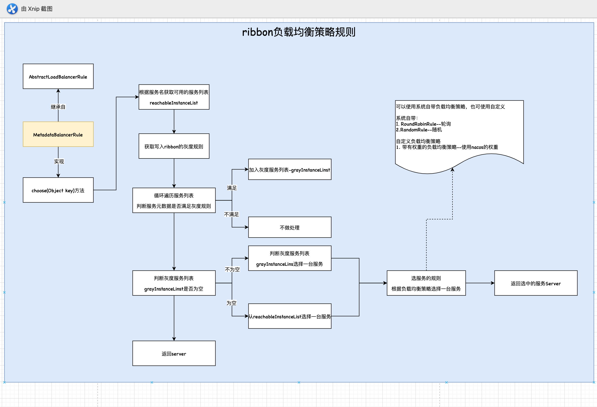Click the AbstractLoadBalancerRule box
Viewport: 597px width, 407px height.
58,76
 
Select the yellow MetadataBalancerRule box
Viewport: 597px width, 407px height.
58,134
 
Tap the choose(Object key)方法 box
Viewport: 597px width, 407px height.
58,190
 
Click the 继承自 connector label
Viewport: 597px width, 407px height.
58,107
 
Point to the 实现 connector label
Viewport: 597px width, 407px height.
59,161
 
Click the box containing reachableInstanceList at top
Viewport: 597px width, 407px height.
174,97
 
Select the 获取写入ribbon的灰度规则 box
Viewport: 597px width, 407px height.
174,146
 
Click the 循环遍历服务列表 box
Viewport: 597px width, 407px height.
174,200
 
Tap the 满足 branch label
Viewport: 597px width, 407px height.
232,188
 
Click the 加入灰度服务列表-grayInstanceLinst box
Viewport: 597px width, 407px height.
290,170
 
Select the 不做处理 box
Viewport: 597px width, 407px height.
290,227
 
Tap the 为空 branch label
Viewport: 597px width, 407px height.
231,303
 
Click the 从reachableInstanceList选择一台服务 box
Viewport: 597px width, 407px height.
290,316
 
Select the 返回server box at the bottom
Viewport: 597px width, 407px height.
174,353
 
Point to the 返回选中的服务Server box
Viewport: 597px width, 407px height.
536,283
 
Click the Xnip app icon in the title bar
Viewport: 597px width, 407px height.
12,9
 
